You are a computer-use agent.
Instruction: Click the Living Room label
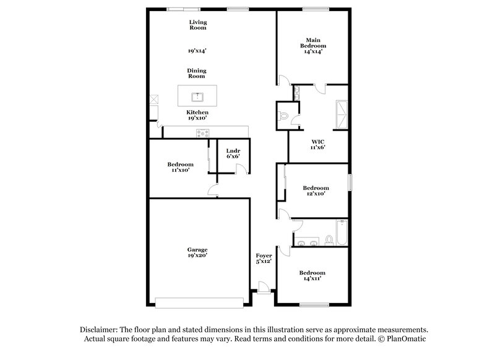click(197, 25)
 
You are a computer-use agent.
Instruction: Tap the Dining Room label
click(197, 74)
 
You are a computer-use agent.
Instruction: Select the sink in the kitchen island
click(197, 96)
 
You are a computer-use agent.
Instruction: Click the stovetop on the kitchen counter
click(202, 132)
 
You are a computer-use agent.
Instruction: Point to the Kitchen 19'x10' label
click(197, 115)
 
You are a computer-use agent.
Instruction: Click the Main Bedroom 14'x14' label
click(312, 46)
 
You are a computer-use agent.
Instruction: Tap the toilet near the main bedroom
click(284, 116)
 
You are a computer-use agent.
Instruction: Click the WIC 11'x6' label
click(317, 144)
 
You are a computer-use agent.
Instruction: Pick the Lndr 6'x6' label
click(233, 153)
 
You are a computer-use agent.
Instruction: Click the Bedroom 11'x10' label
click(180, 167)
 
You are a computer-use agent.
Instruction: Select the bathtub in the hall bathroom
click(340, 233)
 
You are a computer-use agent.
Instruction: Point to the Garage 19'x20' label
click(197, 252)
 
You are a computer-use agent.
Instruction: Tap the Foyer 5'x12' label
click(264, 259)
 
